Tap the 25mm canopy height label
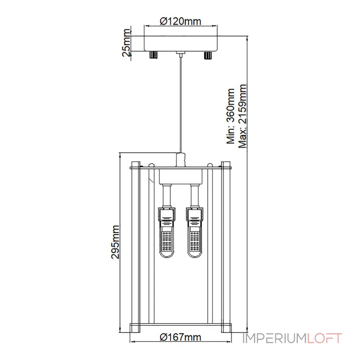pos(126,43)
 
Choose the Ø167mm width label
pos(180,337)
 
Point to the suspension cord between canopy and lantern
pos(180,103)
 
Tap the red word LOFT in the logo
pos(325,338)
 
